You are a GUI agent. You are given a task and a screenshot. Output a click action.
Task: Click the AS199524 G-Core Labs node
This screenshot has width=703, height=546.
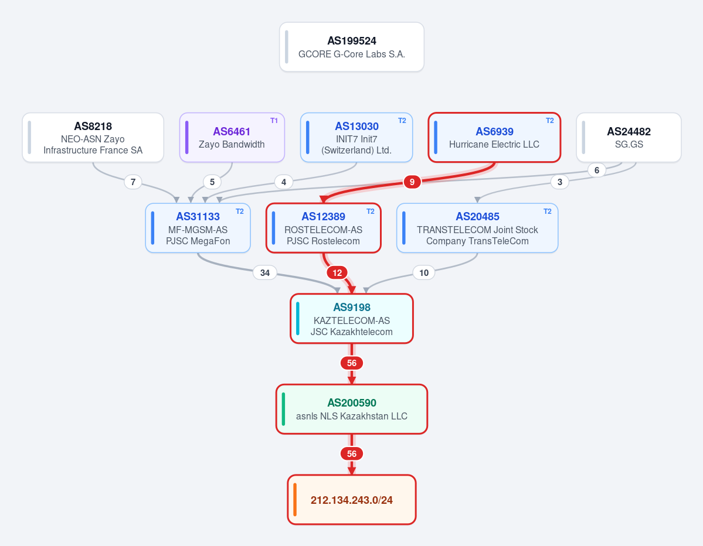click(x=352, y=47)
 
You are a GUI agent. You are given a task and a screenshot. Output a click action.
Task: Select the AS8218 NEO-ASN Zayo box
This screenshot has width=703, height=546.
click(x=93, y=138)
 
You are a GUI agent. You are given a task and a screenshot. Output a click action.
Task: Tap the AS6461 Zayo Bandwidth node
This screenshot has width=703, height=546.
click(x=232, y=138)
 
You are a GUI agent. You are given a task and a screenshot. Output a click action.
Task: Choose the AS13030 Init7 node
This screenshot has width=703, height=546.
click(x=356, y=138)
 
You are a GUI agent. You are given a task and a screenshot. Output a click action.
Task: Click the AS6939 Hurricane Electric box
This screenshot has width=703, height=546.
click(x=494, y=138)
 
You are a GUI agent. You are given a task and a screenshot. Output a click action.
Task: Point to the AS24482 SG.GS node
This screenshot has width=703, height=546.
click(x=629, y=138)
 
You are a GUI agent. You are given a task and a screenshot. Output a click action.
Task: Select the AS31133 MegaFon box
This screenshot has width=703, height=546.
click(x=198, y=228)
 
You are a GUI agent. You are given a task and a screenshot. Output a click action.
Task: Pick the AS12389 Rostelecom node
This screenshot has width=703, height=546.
click(x=323, y=228)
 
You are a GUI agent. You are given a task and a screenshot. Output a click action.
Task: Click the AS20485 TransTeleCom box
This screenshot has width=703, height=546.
click(x=477, y=228)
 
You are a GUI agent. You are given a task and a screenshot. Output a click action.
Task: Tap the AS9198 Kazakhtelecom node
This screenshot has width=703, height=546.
click(x=352, y=319)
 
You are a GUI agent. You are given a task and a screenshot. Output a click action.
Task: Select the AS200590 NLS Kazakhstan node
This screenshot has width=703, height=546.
click(x=352, y=409)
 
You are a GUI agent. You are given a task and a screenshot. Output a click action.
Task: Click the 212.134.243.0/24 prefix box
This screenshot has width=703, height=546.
click(x=352, y=499)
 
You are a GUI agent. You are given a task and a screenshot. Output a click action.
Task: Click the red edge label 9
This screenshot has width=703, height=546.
click(x=412, y=182)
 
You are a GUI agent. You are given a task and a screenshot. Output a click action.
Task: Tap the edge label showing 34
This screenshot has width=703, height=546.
click(x=265, y=273)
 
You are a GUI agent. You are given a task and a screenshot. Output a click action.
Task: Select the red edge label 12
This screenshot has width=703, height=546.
click(x=337, y=273)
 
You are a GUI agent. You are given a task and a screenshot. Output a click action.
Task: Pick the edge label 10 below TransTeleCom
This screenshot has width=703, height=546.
click(x=424, y=273)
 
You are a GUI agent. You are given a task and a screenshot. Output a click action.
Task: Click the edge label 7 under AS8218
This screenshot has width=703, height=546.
click(x=133, y=182)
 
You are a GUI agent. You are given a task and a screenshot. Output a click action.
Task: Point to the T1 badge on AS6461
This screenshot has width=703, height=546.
click(x=274, y=121)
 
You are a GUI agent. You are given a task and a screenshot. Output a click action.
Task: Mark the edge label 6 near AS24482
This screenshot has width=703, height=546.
click(x=597, y=170)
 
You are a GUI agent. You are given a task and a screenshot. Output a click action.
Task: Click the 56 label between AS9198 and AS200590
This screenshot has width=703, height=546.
click(x=352, y=363)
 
